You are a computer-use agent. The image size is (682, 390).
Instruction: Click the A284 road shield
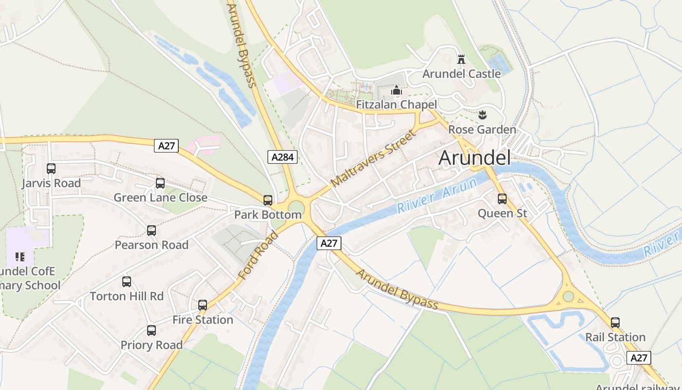(283, 157)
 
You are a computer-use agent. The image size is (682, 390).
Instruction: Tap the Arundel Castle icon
(461, 60)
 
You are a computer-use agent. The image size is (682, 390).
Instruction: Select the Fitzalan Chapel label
(396, 105)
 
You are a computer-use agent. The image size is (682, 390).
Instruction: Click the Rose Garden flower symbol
(482, 116)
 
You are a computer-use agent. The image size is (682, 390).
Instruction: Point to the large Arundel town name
(474, 158)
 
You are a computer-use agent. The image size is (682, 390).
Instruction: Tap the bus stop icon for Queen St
(502, 199)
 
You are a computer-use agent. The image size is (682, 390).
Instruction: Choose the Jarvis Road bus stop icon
(51, 169)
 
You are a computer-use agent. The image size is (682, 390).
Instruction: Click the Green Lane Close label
(160, 197)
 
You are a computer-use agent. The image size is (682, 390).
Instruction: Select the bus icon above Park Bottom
(268, 200)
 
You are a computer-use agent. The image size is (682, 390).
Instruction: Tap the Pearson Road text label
(152, 245)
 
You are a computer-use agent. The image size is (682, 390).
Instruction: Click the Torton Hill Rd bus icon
(127, 282)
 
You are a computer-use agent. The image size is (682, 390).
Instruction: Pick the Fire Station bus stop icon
(203, 305)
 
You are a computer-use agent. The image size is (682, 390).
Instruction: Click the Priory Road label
(152, 345)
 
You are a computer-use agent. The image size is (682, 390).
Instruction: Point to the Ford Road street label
(258, 255)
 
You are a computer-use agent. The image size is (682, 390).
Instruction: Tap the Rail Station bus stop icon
(615, 323)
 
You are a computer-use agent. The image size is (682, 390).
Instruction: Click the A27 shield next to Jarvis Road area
(167, 145)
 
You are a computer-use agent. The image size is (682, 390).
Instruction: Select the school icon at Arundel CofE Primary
(20, 256)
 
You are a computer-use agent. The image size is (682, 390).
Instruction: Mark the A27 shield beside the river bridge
(329, 243)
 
